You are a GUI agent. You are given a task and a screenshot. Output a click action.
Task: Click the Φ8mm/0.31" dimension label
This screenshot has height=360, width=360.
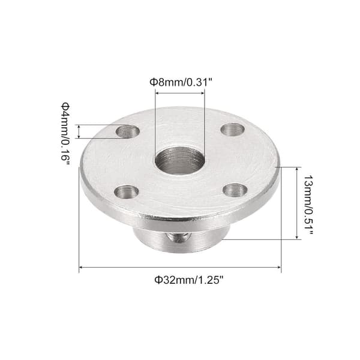tap(181, 82)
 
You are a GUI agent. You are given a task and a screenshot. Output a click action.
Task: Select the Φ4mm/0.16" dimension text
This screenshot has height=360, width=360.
tap(65, 134)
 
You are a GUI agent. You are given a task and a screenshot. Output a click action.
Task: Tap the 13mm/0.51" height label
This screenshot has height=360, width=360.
tap(308, 205)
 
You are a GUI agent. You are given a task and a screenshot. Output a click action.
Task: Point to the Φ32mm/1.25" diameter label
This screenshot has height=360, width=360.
tap(189, 280)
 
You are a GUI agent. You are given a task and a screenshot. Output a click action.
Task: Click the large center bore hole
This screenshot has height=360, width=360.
tap(179, 161)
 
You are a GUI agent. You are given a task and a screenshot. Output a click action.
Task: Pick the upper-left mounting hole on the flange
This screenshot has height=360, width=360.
tap(127, 131)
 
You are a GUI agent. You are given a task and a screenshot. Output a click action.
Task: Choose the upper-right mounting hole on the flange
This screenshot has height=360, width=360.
tap(233, 130)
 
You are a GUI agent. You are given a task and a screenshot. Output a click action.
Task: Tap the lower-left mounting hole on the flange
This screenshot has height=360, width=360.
tap(127, 192)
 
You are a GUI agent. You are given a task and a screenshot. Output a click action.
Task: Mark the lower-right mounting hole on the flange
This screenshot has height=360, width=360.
tap(235, 190)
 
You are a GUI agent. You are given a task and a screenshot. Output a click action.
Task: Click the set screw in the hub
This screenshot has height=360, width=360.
tap(179, 237)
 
